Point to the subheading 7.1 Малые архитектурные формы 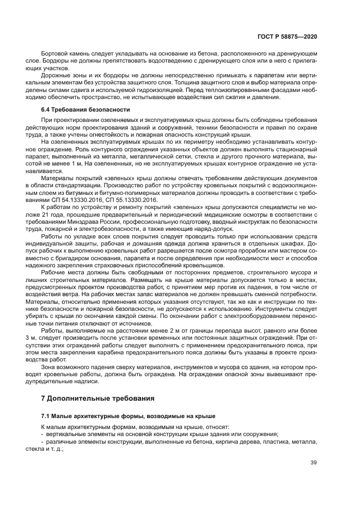(x=128, y=415)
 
